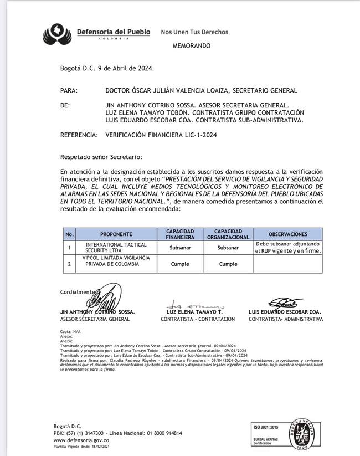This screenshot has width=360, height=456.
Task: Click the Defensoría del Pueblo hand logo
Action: coord(57,34)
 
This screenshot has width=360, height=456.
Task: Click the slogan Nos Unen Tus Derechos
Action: coord(194,32)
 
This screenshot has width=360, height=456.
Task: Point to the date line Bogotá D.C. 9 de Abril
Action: coord(107,68)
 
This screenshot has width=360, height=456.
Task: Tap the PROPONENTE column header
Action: coord(116,234)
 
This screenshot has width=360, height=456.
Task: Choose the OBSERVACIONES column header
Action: coord(287,234)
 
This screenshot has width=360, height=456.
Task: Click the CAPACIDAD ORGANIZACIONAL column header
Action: coord(228,234)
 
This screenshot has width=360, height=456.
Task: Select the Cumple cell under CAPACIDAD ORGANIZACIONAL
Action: coord(228,264)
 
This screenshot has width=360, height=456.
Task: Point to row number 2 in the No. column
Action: coord(69,264)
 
